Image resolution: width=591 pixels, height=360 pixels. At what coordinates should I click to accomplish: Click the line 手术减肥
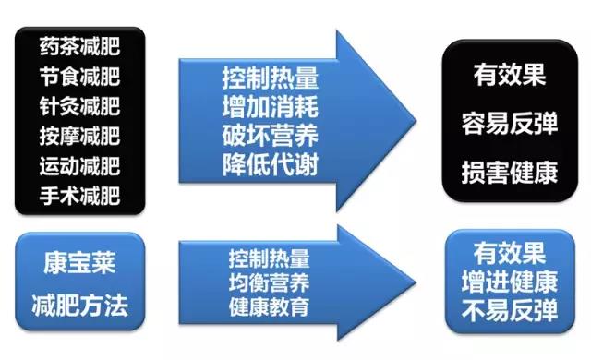(x=80, y=197)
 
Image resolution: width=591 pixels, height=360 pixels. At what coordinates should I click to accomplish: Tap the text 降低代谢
(x=270, y=164)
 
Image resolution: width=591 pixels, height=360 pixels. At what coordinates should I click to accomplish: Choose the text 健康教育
(x=270, y=306)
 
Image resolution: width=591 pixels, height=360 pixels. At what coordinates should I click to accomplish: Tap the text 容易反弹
(x=510, y=124)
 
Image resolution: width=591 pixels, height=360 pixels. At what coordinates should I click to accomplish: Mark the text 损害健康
(x=510, y=171)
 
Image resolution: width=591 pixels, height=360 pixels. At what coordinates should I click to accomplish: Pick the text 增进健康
(x=510, y=281)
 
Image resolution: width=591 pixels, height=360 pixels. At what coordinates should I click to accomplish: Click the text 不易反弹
(x=510, y=307)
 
